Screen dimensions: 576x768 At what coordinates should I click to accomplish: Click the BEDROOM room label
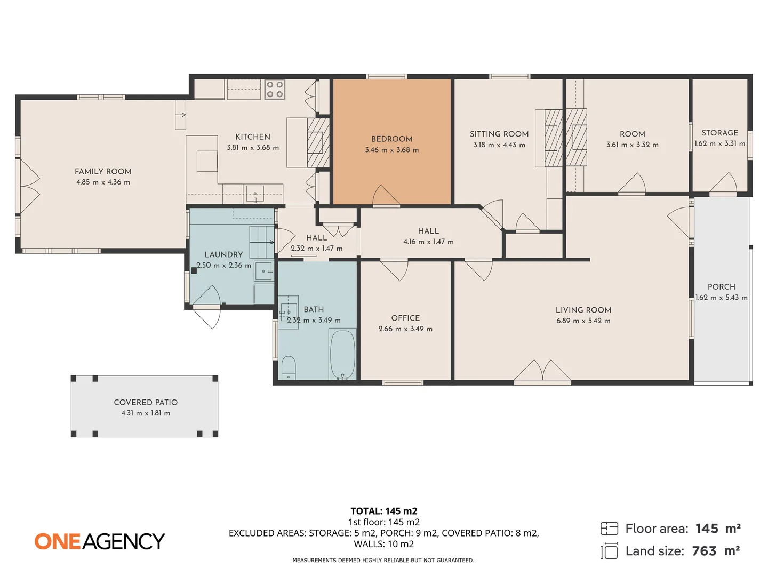pos(392,139)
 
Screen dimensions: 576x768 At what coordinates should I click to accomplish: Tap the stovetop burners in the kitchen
pos(275,90)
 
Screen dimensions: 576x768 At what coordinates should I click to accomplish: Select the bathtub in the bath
pos(342,354)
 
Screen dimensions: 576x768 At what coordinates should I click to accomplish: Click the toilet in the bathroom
pos(289,367)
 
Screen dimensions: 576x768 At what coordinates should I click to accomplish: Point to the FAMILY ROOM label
pos(103,171)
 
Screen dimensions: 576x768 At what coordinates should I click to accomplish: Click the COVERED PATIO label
pos(146,402)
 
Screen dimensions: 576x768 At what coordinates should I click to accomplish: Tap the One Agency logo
pos(100,541)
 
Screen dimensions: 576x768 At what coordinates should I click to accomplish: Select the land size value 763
pos(704,551)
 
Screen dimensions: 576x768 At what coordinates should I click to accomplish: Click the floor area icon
pos(609,529)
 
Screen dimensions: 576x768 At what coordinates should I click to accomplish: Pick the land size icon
pos(609,551)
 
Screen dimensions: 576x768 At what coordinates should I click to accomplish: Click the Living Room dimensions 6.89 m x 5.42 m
pos(583,321)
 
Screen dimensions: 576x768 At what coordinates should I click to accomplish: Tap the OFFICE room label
pos(405,318)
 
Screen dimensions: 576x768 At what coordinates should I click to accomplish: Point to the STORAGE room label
pos(720,133)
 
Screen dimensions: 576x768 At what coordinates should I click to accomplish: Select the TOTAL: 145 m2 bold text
pos(384,511)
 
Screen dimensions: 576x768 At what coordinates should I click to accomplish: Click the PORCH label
pos(722,287)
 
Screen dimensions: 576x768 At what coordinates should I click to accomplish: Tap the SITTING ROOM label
pos(499,134)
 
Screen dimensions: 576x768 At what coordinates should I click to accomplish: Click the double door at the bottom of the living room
pos(542,372)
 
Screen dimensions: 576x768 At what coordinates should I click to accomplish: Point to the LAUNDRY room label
pos(223,254)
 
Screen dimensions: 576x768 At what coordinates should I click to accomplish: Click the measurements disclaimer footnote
pos(383,560)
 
